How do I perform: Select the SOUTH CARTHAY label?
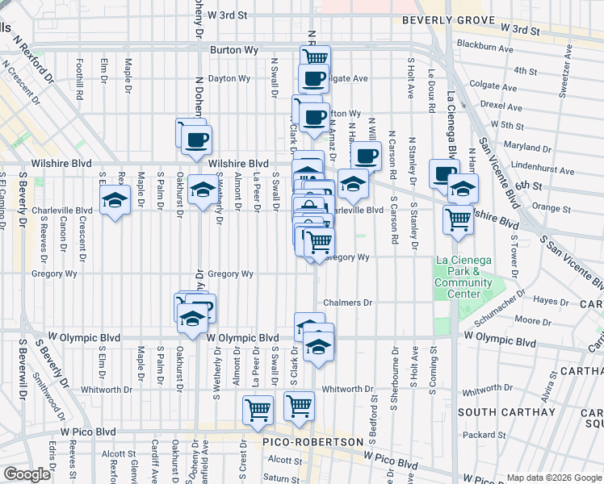(x=505, y=412)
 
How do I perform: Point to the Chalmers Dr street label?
(x=347, y=303)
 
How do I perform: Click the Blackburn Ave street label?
(x=484, y=48)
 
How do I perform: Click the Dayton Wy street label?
(x=229, y=78)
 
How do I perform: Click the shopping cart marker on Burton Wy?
(x=315, y=56)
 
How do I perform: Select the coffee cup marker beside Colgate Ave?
(x=313, y=79)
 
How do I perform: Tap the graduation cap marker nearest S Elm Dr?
(x=115, y=201)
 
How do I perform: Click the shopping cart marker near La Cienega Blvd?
(x=459, y=218)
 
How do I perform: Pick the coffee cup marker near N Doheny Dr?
(x=195, y=140)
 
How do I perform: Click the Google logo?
(x=27, y=474)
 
